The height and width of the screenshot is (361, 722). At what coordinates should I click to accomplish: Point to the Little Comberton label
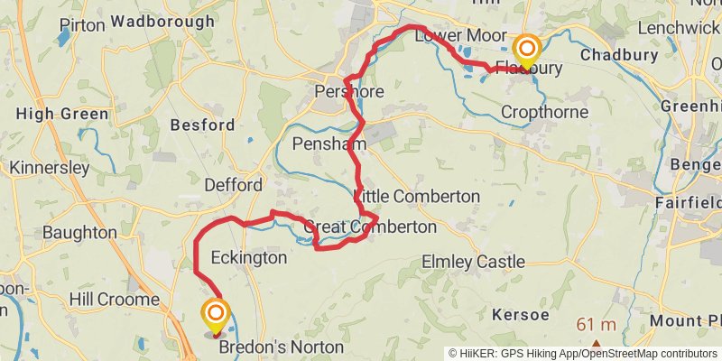click(x=417, y=196)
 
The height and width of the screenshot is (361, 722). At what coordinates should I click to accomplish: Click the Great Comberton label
click(x=370, y=227)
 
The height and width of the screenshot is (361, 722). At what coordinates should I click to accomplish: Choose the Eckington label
click(x=248, y=258)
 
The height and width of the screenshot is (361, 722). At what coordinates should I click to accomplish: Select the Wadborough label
click(x=163, y=20)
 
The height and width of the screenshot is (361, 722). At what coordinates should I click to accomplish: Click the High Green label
click(x=62, y=114)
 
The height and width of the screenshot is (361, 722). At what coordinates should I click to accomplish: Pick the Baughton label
click(x=79, y=232)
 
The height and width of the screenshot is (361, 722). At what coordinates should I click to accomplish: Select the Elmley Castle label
click(x=473, y=262)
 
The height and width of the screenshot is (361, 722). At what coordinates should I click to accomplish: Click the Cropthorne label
click(x=544, y=113)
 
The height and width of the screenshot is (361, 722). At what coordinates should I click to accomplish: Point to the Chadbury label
click(x=616, y=56)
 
